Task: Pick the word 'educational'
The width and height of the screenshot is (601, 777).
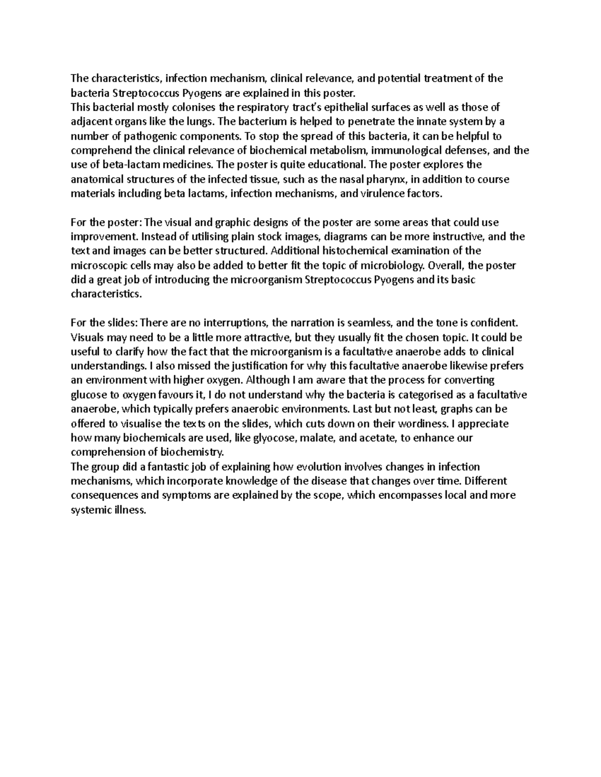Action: (339, 165)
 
